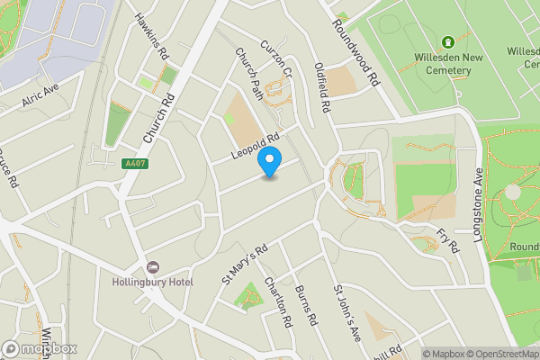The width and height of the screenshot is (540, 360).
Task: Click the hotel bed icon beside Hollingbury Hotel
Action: pyautogui.click(x=153, y=268)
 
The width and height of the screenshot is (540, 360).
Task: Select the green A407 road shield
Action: pyautogui.click(x=133, y=164)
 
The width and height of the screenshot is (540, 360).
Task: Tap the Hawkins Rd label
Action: pyautogui.click(x=152, y=36)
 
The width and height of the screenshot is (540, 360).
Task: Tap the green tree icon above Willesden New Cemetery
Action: pyautogui.click(x=447, y=41)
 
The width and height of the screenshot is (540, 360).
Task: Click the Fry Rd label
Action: pyautogui.click(x=447, y=240)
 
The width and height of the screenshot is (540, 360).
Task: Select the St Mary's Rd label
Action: pyautogui.click(x=245, y=265)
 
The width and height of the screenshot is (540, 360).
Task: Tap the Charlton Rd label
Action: pyautogui.click(x=278, y=301)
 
